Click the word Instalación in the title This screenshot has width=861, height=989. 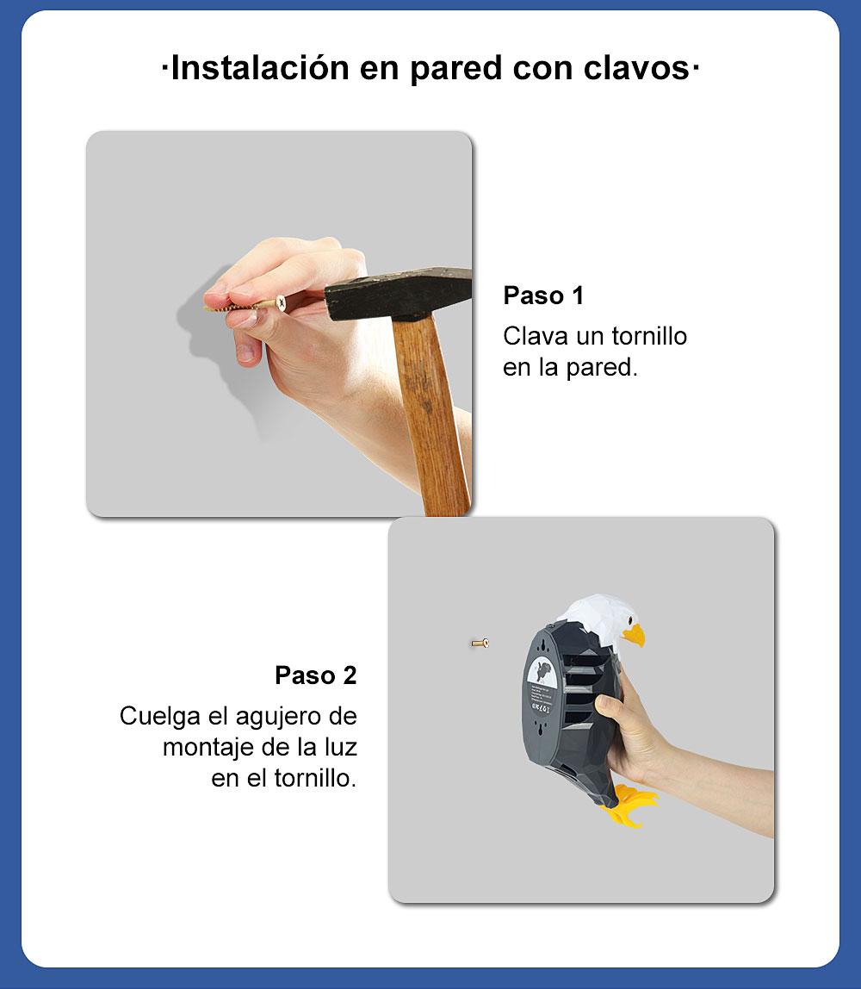(x=260, y=67)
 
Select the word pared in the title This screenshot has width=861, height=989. (x=456, y=69)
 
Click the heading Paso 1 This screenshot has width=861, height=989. (x=543, y=295)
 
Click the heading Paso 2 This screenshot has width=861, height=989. (x=316, y=675)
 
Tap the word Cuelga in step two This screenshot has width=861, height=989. (x=160, y=717)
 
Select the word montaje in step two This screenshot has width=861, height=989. (x=208, y=748)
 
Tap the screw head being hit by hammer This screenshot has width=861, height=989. (x=282, y=303)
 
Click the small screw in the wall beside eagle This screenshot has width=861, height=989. (x=480, y=644)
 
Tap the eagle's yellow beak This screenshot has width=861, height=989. (x=635, y=634)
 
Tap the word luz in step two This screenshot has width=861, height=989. (x=340, y=748)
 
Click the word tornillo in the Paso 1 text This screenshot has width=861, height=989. (x=649, y=336)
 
